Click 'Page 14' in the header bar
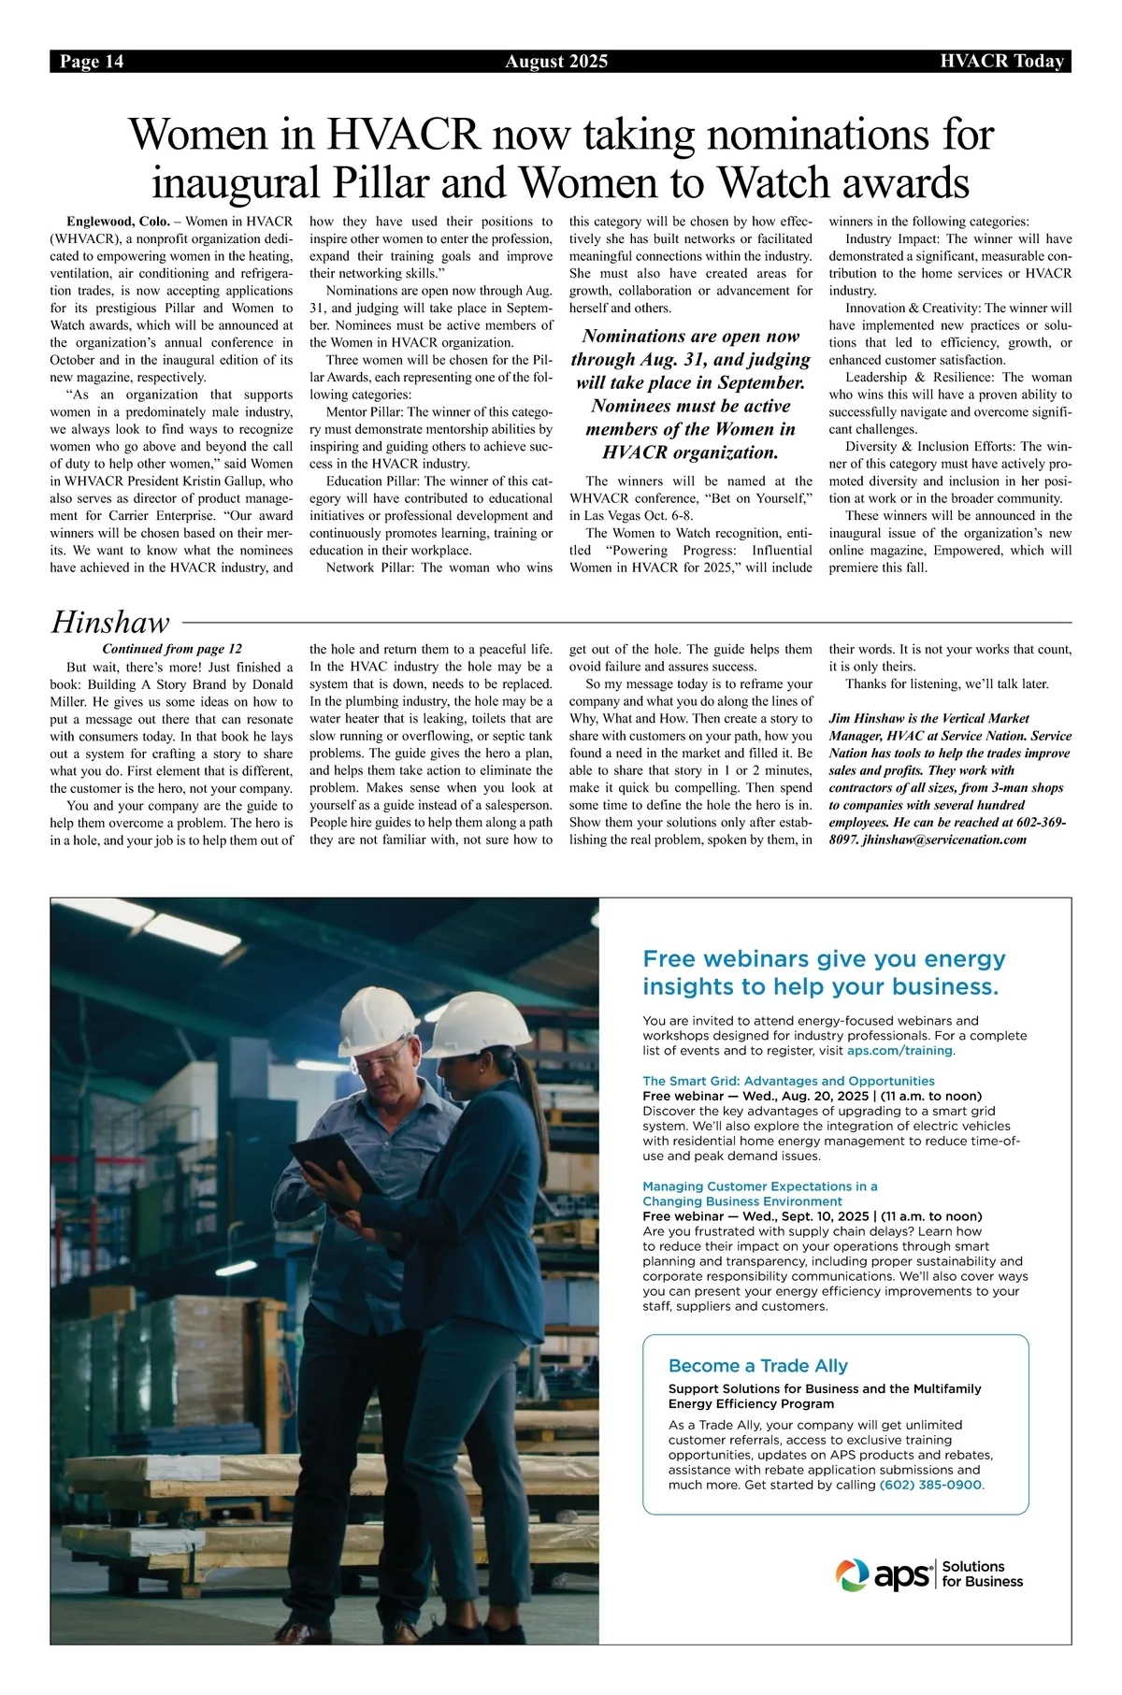92,62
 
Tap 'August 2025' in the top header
556,62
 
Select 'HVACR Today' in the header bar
1001,62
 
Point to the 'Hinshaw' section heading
110,622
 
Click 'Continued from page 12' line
171,649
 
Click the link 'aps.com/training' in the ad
900,1050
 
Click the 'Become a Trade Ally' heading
757,1366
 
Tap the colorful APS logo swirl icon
852,1574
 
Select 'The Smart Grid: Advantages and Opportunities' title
788,1081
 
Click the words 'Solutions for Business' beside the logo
982,1574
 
